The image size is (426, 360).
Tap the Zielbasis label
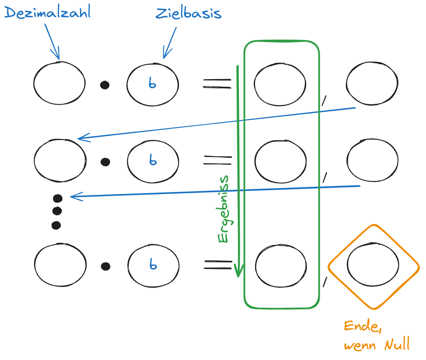pos(188,13)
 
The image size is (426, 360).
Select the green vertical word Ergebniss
pos(224,209)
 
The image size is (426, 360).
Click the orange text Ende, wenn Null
pos(377,335)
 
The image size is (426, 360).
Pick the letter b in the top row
pos(153,83)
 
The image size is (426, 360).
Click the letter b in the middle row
pos(153,160)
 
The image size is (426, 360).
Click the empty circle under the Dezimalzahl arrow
pos(60,83)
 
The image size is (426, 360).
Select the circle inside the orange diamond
pos(373,265)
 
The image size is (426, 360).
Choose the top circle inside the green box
pos(280,84)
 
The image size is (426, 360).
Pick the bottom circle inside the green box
pos(281,265)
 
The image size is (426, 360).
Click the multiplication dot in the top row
pos(105,85)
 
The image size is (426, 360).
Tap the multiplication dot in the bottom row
pos(105,266)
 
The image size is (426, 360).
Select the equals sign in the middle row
pos(218,160)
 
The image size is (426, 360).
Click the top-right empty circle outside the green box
pos(372,83)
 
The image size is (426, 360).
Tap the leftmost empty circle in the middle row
pos(60,161)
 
